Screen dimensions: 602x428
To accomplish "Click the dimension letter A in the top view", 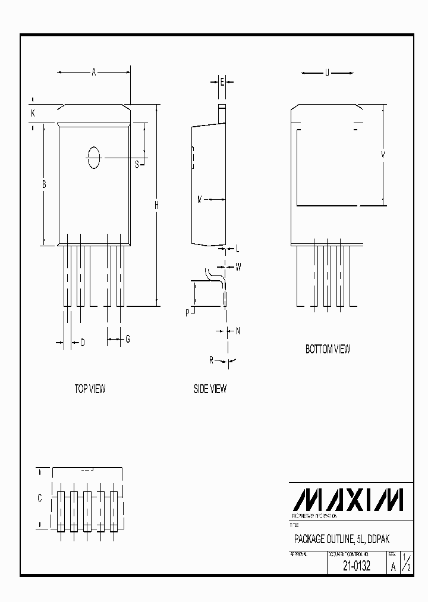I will pyautogui.click(x=94, y=73).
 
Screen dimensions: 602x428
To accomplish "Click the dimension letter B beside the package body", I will pyautogui.click(x=44, y=185).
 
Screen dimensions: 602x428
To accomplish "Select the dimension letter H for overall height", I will pyautogui.click(x=156, y=205).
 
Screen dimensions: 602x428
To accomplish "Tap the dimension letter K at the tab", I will pyautogui.click(x=33, y=112).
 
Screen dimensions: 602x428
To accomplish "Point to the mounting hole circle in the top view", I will pyautogui.click(x=94, y=158).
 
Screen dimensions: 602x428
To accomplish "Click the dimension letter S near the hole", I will pyautogui.click(x=137, y=164).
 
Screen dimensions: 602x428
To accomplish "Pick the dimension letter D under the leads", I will pyautogui.click(x=83, y=342).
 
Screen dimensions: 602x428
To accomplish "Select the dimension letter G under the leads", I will pyautogui.click(x=127, y=339).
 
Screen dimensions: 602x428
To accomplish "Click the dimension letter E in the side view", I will pyautogui.click(x=222, y=82).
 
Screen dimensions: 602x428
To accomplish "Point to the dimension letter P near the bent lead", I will pyautogui.click(x=187, y=312).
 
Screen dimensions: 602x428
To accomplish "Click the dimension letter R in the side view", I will pyautogui.click(x=212, y=360).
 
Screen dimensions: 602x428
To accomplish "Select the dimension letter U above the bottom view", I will pyautogui.click(x=327, y=73).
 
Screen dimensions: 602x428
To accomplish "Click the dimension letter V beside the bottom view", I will pyautogui.click(x=383, y=155).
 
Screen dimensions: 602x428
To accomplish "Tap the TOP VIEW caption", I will pyautogui.click(x=90, y=389).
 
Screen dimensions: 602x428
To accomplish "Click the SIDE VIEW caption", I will pyautogui.click(x=210, y=389).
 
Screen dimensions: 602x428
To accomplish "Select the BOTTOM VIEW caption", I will pyautogui.click(x=328, y=349).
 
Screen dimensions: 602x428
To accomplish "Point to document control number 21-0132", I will pyautogui.click(x=357, y=566).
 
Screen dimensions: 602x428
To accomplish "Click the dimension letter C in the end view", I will pyautogui.click(x=40, y=498).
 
